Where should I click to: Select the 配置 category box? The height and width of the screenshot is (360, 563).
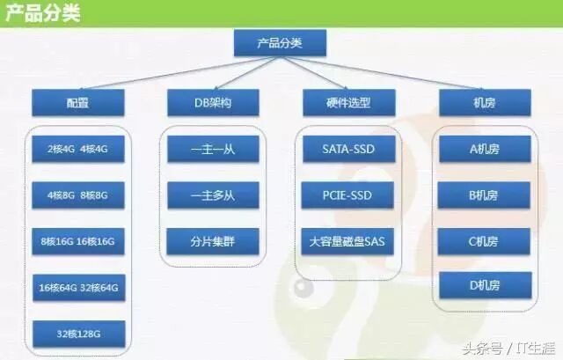tap(77, 102)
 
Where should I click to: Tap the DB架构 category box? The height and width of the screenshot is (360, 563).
tap(213, 102)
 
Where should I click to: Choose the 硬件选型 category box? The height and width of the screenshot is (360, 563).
tap(348, 102)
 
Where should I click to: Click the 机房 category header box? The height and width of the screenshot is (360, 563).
tap(484, 102)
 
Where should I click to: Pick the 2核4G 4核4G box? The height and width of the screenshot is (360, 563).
tap(77, 149)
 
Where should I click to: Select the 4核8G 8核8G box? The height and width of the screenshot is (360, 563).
tap(77, 195)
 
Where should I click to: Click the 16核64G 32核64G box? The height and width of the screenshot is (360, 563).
tap(77, 288)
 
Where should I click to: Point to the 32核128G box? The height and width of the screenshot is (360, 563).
tap(77, 334)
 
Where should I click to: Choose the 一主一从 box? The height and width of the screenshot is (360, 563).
tap(213, 149)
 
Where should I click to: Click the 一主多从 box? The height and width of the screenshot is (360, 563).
tap(213, 195)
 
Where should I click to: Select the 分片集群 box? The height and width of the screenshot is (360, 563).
tap(213, 240)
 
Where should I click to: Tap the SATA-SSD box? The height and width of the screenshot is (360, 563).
tap(348, 149)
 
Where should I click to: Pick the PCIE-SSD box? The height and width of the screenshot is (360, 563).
tap(348, 195)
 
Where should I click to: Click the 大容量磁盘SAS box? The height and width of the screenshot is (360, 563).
tap(348, 240)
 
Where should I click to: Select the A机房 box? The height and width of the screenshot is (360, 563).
tap(484, 149)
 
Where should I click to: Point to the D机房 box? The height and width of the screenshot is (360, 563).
tap(484, 285)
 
